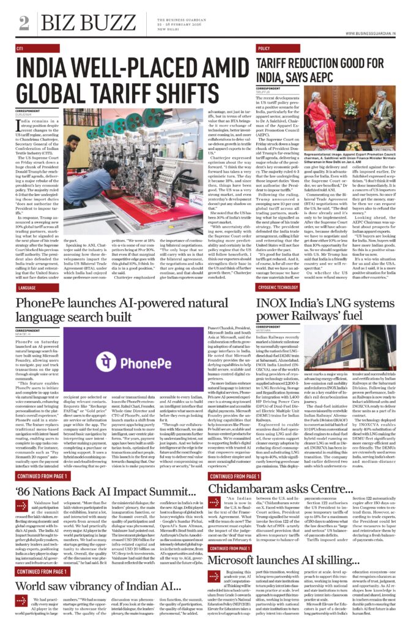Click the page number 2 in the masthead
pyautogui.click(x=24, y=23)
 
